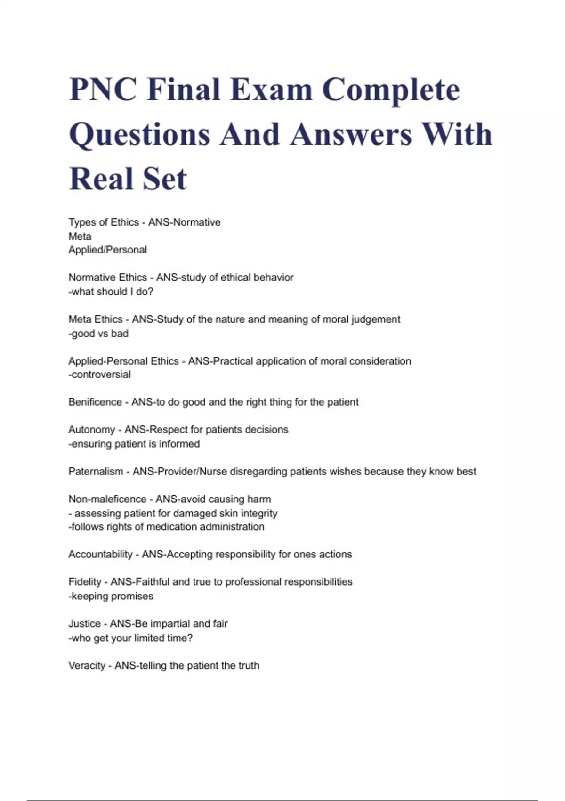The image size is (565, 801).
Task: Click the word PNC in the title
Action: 103,90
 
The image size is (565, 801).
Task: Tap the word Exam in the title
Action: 271,90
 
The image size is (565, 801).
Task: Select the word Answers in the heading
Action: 351,134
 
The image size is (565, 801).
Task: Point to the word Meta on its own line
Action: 80,236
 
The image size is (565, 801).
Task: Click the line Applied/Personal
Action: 107,250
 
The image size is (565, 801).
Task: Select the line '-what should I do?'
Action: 111,292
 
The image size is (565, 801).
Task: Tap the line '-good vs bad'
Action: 98,334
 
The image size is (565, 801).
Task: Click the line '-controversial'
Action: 99,375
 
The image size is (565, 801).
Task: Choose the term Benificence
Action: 95,402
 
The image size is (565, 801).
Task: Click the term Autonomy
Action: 91,430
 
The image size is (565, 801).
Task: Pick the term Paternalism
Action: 96,471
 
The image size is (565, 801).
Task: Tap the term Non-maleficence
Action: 107,499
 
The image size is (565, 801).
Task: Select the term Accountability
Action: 100,554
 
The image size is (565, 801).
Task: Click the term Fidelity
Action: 85,582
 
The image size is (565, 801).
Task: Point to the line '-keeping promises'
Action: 111,596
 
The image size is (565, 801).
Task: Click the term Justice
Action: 84,624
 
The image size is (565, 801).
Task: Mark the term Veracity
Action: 87,665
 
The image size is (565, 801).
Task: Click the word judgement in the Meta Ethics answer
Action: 375,319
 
